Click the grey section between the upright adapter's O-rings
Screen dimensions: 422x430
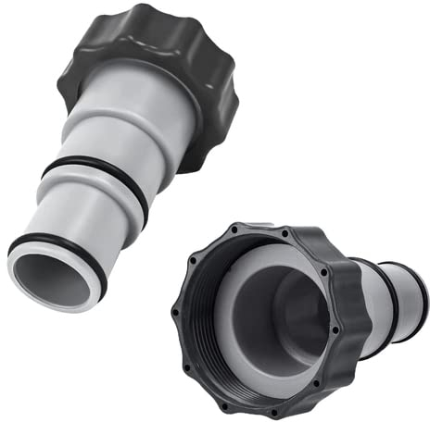tap(74, 217)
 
